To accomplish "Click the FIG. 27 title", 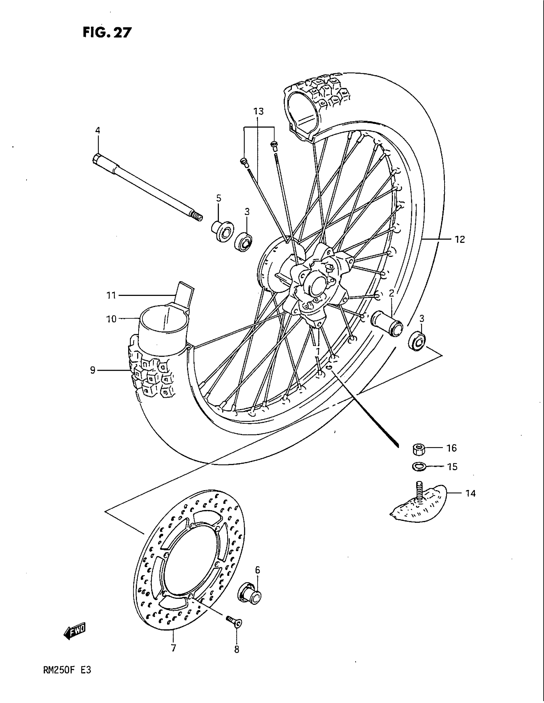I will [x=107, y=32].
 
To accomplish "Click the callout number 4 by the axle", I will [x=98, y=130].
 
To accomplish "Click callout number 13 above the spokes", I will [x=259, y=112].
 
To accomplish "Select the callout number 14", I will [x=470, y=493].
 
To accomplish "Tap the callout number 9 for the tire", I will [x=93, y=370].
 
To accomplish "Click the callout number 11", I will [x=111, y=295].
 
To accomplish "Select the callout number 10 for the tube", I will [x=111, y=319].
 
